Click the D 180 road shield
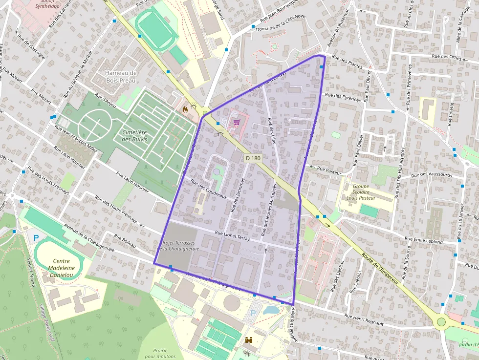(x=253, y=158)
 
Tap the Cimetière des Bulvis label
(x=134, y=135)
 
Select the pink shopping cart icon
(x=237, y=123)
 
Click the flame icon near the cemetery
(x=185, y=110)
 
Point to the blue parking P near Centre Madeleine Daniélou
(x=36, y=238)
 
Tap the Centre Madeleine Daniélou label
(x=62, y=268)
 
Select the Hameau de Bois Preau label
(x=121, y=77)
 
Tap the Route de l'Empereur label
(x=381, y=268)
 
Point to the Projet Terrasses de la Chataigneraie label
(x=179, y=246)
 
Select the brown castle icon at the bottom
(x=248, y=340)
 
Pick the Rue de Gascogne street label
(x=31, y=47)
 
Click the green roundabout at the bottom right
(x=442, y=321)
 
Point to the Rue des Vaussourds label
(x=432, y=174)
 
